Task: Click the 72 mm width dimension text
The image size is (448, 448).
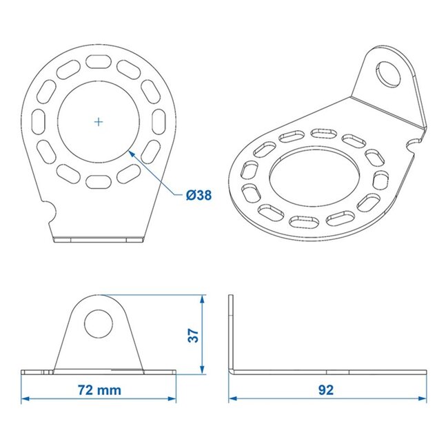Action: coord(99,390)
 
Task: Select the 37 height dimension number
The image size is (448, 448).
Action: coord(194,335)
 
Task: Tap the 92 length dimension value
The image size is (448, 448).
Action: coord(326,390)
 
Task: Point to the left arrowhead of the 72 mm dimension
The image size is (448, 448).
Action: coord(25,398)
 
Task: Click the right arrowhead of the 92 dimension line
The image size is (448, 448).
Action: coord(422,398)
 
